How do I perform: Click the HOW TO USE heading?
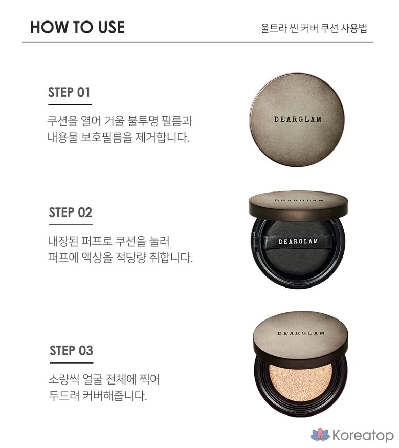[x=77, y=28]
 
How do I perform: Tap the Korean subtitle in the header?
[x=314, y=28]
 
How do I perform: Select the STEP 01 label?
[x=69, y=92]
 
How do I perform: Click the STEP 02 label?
[x=71, y=212]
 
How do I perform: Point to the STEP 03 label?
[x=71, y=351]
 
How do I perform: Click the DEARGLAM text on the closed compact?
[x=298, y=119]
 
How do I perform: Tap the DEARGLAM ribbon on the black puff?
[x=298, y=242]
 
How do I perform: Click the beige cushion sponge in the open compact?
[x=301, y=382]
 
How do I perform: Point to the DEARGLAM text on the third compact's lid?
[x=301, y=333]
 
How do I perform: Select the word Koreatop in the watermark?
[x=363, y=435]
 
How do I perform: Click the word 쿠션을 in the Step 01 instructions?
[x=62, y=121]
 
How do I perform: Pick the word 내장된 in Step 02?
[x=63, y=241]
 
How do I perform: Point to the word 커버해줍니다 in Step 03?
[x=115, y=396]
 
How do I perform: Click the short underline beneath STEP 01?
[x=70, y=104]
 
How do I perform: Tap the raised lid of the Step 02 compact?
[x=298, y=205]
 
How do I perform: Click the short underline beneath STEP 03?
[x=71, y=363]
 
